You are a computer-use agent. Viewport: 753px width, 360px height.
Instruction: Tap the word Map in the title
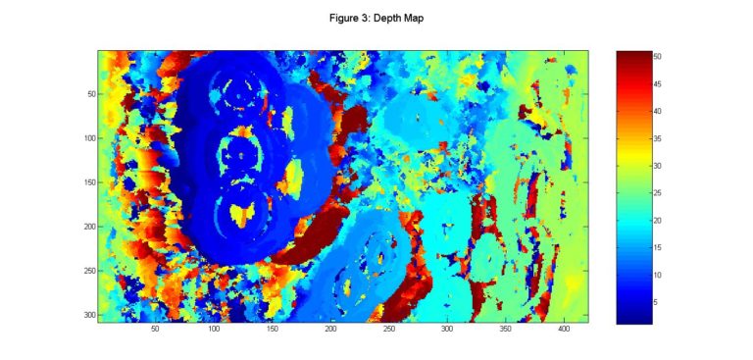coord(411,17)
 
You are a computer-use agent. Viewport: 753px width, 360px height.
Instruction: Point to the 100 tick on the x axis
coord(214,332)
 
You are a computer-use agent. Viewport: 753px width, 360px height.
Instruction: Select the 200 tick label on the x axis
coord(330,332)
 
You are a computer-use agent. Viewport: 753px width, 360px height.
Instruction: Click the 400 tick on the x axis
coord(564,332)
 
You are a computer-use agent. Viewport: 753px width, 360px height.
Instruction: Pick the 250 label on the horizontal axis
coord(389,332)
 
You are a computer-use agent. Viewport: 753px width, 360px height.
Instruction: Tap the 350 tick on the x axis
coord(506,332)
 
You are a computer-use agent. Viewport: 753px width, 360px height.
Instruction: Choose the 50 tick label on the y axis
coord(89,94)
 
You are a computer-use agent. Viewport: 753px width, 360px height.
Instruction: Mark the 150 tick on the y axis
coord(87,182)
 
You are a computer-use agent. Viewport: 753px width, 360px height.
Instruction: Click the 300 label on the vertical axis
coord(87,315)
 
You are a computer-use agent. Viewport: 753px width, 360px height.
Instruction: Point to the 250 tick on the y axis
coord(87,271)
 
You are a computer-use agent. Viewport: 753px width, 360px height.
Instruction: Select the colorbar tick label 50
coord(658,57)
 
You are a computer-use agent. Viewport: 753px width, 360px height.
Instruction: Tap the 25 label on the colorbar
coord(658,193)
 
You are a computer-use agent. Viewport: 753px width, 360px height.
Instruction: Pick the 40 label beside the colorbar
coord(658,112)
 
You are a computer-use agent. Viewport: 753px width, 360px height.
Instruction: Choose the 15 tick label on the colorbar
coord(658,248)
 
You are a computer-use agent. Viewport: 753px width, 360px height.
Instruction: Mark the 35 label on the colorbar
coord(658,138)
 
